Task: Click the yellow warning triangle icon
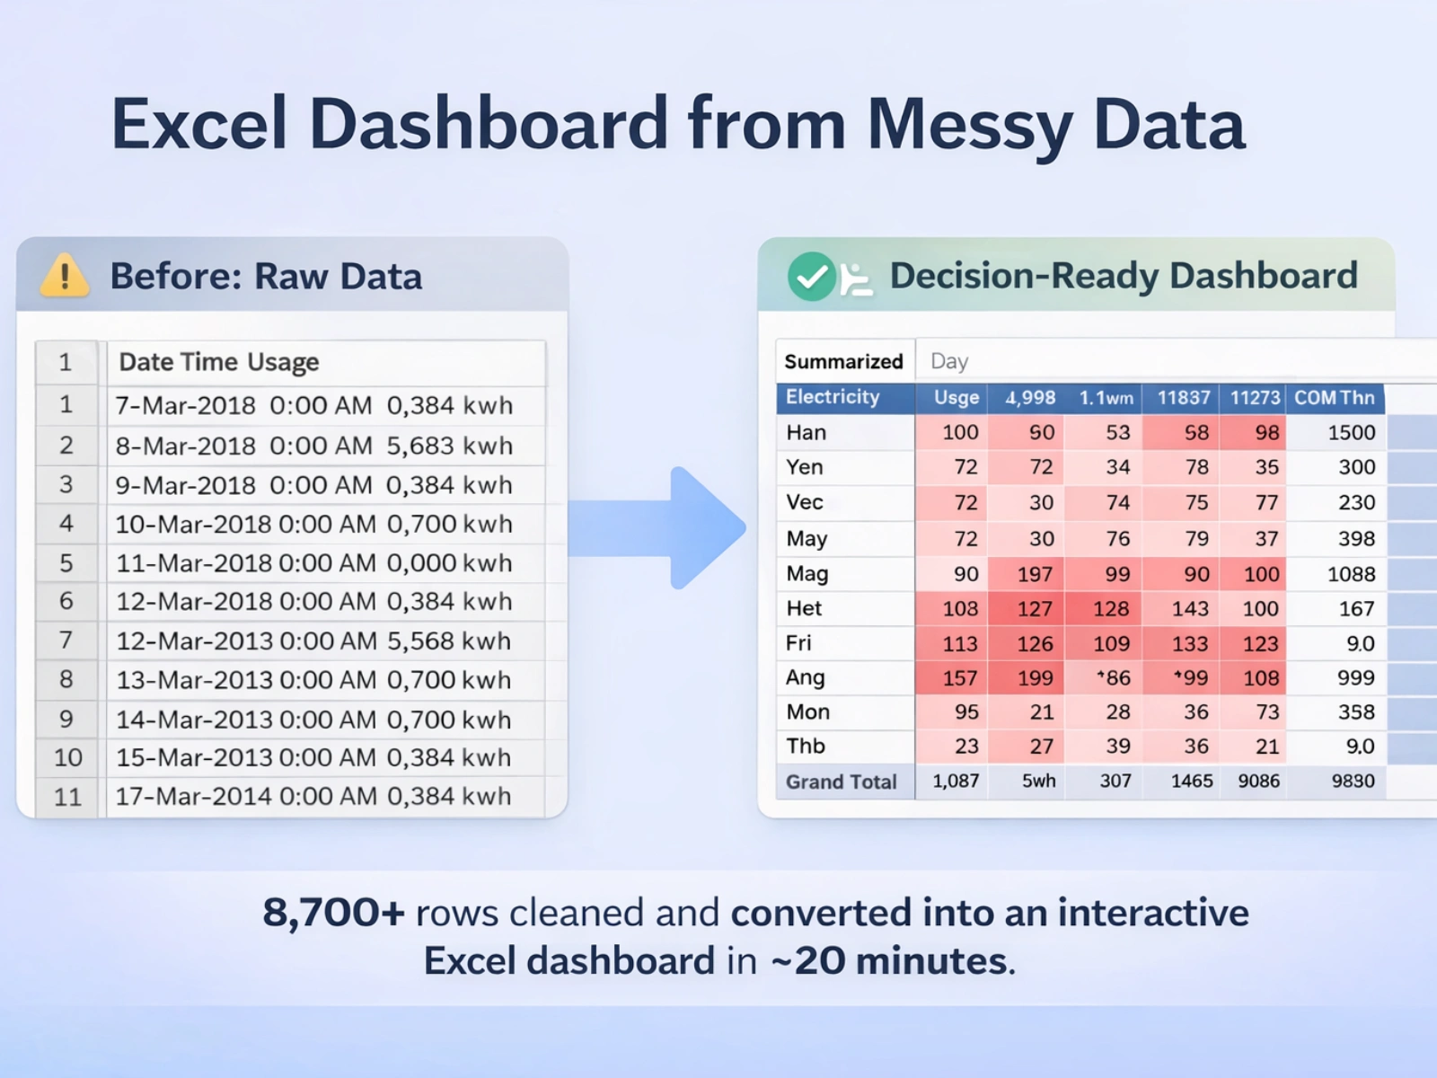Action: (64, 276)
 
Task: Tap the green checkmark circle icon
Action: (811, 276)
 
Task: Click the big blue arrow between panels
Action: (657, 527)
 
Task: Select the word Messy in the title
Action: (970, 124)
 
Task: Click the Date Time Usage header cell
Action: (218, 362)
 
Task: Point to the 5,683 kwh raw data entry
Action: (449, 446)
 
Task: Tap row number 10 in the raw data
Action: (67, 758)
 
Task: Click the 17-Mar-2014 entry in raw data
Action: (194, 797)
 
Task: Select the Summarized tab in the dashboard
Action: (844, 361)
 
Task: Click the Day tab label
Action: (949, 361)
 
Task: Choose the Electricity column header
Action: (833, 397)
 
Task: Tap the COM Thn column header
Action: (1335, 398)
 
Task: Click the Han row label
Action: (806, 433)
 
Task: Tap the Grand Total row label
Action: (842, 782)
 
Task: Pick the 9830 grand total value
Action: (1353, 781)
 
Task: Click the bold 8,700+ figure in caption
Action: (334, 913)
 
